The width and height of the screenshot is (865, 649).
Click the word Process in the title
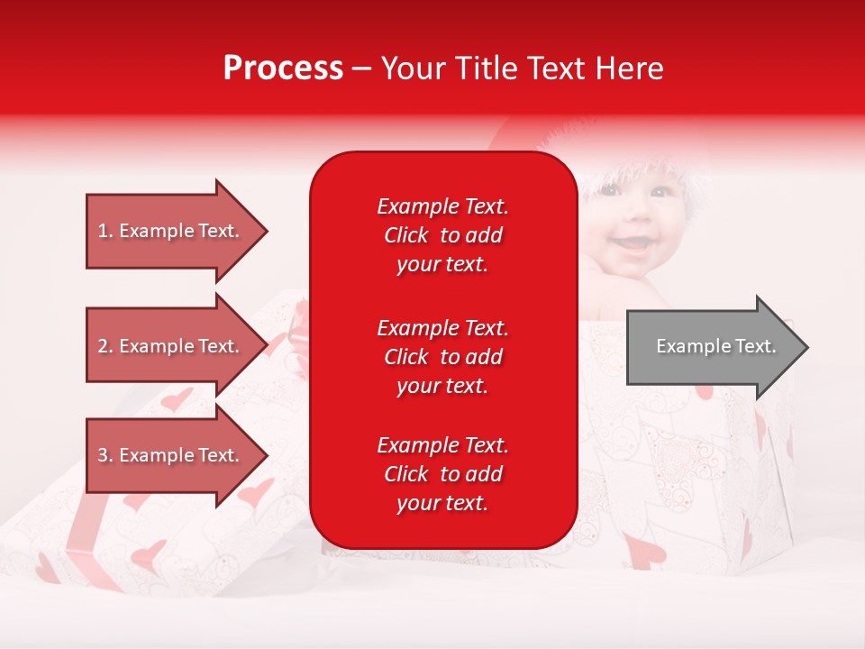(x=283, y=69)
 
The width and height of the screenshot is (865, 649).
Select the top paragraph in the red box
(x=442, y=235)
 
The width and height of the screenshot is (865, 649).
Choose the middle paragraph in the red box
(x=442, y=357)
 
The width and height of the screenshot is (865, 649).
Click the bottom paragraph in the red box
(x=442, y=474)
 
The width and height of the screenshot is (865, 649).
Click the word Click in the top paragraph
(x=405, y=236)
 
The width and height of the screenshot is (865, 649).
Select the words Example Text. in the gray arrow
(x=715, y=347)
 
